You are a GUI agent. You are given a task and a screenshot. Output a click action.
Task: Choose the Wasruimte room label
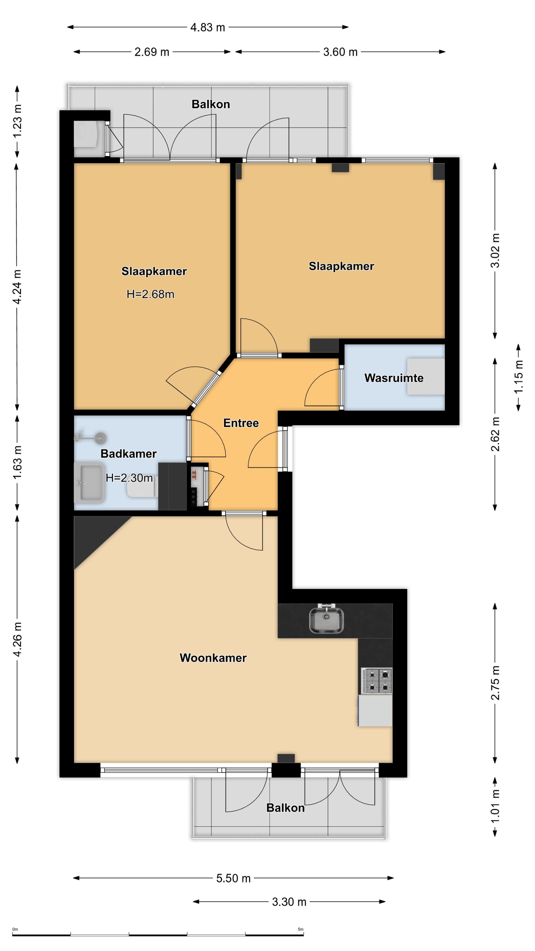(394, 378)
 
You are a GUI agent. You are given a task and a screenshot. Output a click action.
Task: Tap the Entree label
(241, 423)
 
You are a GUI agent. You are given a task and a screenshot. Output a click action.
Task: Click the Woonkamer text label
(213, 657)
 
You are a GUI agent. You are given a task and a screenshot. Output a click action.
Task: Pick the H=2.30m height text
(129, 478)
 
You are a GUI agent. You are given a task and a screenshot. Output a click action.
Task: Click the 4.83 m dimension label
(207, 27)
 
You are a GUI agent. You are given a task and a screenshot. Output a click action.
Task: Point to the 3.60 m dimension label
(340, 52)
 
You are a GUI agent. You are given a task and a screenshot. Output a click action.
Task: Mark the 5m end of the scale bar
(303, 935)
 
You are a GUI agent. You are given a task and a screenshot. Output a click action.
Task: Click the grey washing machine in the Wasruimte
(426, 376)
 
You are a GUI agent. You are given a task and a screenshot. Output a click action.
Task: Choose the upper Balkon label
(210, 104)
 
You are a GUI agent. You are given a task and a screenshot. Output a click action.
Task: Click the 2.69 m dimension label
(152, 52)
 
